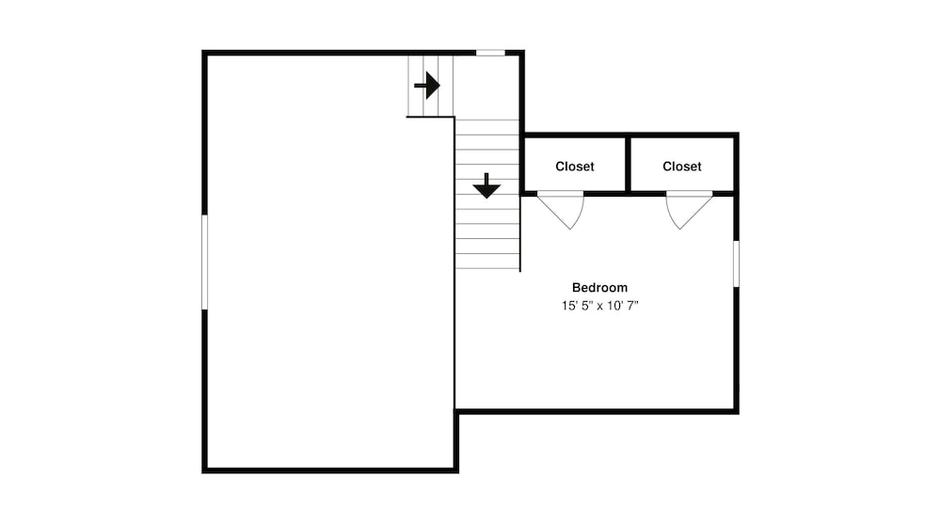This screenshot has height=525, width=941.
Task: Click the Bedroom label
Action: pyautogui.click(x=599, y=287)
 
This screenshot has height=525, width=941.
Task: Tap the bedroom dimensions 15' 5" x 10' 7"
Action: pyautogui.click(x=599, y=306)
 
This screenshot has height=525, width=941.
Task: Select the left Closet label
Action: pyautogui.click(x=574, y=167)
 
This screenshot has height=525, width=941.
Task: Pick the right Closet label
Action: pyautogui.click(x=681, y=167)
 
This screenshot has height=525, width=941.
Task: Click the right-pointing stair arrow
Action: pyautogui.click(x=427, y=86)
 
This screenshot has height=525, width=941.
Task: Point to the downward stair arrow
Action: pyautogui.click(x=486, y=185)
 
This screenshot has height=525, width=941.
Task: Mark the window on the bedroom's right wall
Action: pyautogui.click(x=736, y=264)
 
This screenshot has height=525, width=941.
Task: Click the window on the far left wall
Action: pyautogui.click(x=204, y=262)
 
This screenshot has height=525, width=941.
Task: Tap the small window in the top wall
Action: pyautogui.click(x=490, y=53)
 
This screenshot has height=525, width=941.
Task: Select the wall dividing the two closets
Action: pyautogui.click(x=628, y=165)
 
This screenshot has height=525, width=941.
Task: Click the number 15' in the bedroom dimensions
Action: pyautogui.click(x=567, y=306)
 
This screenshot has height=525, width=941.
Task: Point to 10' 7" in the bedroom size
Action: pyautogui.click(x=622, y=306)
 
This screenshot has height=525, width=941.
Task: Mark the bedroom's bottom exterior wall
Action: pyautogui.click(x=598, y=411)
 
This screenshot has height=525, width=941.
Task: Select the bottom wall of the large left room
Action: pyautogui.click(x=330, y=470)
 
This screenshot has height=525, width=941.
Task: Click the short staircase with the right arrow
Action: pyautogui.click(x=430, y=86)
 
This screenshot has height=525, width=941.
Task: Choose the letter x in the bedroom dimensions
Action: pyautogui.click(x=599, y=307)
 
